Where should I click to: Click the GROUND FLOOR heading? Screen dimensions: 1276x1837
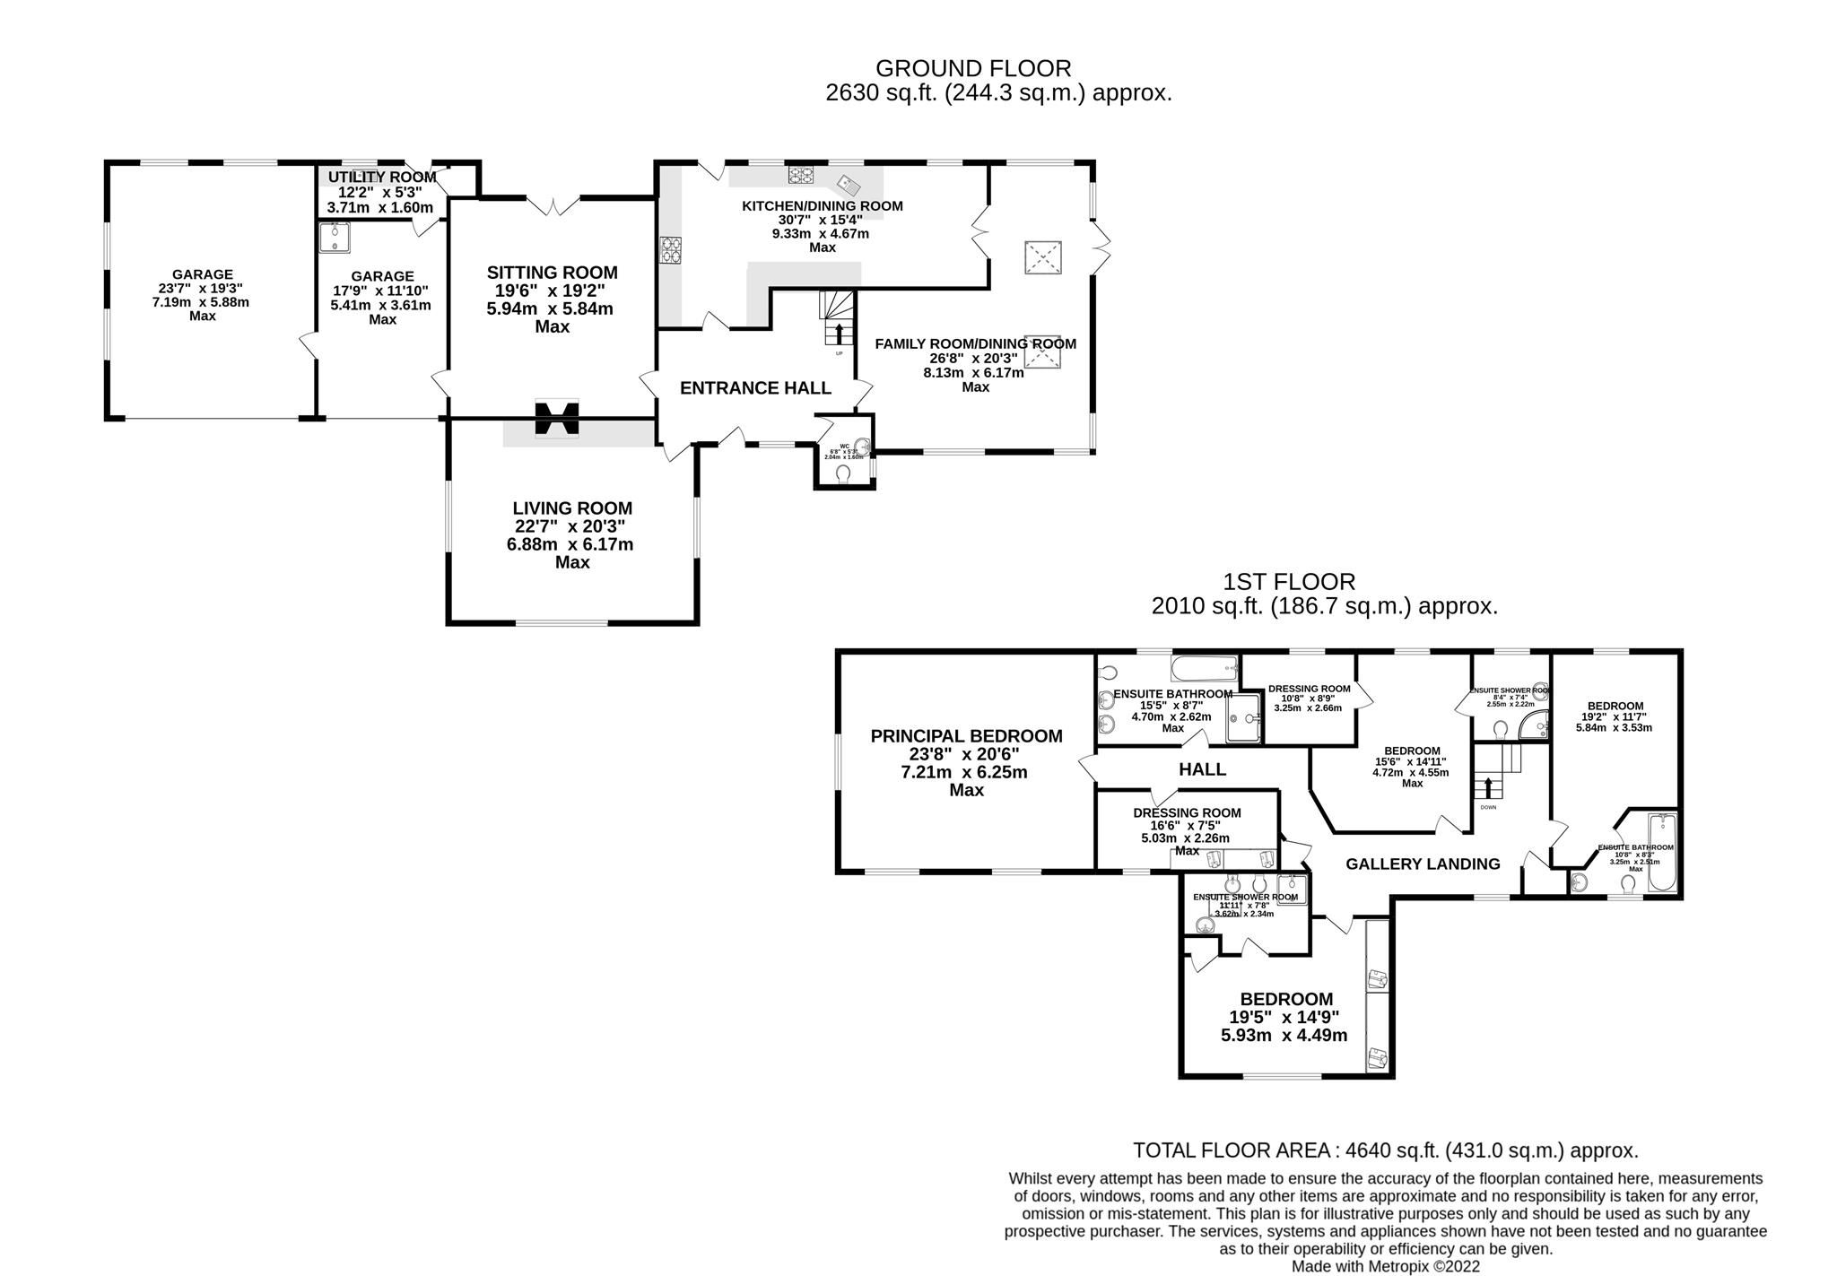[x=973, y=68]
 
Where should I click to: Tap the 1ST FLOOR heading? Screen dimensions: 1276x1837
[x=1289, y=582]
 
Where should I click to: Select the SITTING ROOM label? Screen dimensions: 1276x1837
[x=552, y=273]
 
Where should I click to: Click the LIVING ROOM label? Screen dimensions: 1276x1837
[x=572, y=508]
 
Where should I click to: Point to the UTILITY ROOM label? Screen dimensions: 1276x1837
[x=381, y=178]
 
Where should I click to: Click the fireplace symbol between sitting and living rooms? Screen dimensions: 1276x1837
[x=557, y=418]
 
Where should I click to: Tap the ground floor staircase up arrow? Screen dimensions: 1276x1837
[x=839, y=334]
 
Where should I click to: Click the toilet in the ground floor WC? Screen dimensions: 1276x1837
[x=843, y=473]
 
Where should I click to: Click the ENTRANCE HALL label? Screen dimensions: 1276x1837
[x=755, y=388]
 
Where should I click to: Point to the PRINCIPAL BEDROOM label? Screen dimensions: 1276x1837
[x=966, y=736]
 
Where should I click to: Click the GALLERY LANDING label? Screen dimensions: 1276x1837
[x=1423, y=864]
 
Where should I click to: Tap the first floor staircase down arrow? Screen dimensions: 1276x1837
[x=1488, y=787]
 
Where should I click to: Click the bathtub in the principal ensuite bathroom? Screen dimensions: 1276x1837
[x=1204, y=668]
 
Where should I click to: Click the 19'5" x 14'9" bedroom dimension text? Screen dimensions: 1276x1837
[x=1284, y=1018]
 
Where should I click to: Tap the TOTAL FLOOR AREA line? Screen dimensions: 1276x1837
[x=1385, y=1150]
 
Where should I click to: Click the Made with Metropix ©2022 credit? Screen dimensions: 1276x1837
[x=1385, y=1267]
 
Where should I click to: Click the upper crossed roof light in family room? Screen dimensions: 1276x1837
[x=1042, y=258]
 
